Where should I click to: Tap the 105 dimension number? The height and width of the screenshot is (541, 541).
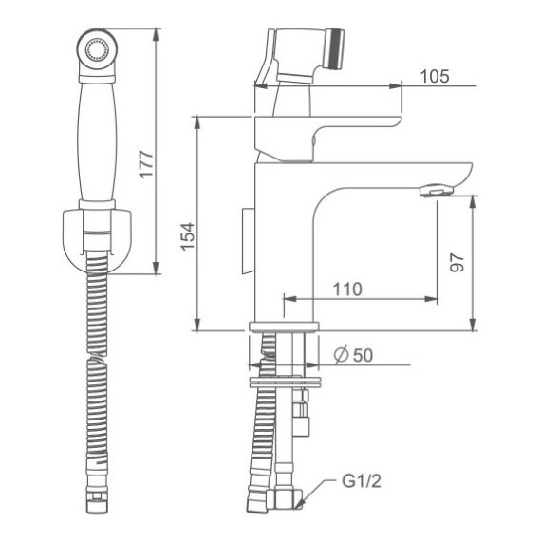tap(434, 77)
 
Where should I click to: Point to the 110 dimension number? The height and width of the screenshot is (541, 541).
tap(347, 289)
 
